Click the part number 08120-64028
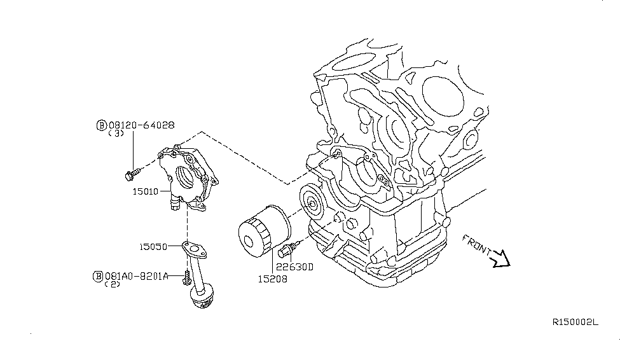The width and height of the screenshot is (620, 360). [x=141, y=126]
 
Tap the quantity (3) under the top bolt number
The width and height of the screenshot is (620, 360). [x=116, y=135]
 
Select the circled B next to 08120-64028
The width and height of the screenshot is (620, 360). [x=101, y=126]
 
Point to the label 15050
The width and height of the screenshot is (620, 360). [x=153, y=246]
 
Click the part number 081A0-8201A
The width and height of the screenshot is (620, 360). [x=136, y=276]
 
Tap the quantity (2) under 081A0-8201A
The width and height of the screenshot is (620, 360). [x=113, y=285]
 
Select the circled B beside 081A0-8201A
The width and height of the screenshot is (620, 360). [x=97, y=276]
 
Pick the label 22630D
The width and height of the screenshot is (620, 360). [x=295, y=267]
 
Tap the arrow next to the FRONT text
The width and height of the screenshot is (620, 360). [x=502, y=258]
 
